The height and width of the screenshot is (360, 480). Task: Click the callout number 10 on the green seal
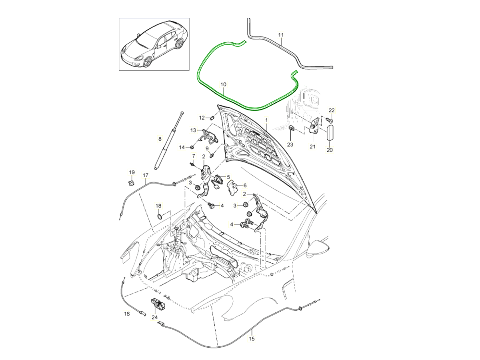click(x=223, y=84)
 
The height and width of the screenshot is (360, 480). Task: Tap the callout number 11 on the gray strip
click(x=281, y=35)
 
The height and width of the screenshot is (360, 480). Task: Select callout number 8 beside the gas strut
click(x=160, y=139)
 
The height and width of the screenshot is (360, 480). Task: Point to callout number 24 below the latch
click(x=155, y=317)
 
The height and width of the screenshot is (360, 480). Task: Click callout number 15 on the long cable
click(x=252, y=338)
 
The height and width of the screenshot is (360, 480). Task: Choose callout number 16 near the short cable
click(x=127, y=314)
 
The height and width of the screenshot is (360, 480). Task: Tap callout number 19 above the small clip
click(x=132, y=172)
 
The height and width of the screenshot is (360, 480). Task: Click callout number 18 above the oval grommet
click(x=158, y=206)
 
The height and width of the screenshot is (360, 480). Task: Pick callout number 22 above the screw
click(x=332, y=110)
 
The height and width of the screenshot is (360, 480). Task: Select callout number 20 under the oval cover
click(x=330, y=150)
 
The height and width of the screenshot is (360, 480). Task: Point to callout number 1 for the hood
click(x=266, y=120)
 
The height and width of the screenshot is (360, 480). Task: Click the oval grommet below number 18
click(x=160, y=216)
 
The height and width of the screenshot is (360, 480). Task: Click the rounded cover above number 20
click(x=330, y=132)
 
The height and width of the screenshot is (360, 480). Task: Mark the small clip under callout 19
click(x=131, y=183)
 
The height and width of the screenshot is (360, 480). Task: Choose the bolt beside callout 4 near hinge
click(x=212, y=206)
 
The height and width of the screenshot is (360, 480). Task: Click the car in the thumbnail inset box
click(x=154, y=45)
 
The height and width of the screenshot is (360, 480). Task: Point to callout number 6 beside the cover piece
click(x=245, y=185)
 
